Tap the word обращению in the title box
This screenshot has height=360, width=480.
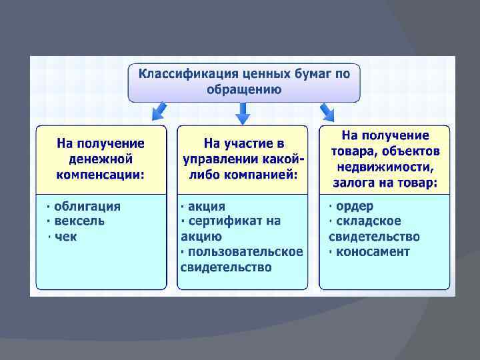point(243,89)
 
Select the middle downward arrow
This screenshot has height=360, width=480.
point(243,115)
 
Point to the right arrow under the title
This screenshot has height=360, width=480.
point(327,111)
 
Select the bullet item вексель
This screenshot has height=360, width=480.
point(79,221)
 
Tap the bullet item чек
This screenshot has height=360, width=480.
point(66,237)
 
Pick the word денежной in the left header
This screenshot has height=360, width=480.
point(101,159)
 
